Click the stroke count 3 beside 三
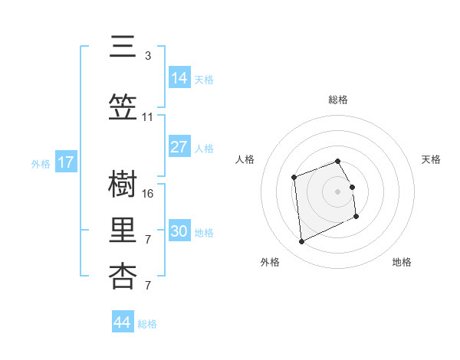pos(148,56)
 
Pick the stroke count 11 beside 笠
pos(148,117)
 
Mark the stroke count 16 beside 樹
pos(149,194)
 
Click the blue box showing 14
pos(179,77)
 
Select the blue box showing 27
pos(179,147)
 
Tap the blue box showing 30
pos(179,231)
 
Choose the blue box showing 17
pos(66,162)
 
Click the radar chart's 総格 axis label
pos(338,100)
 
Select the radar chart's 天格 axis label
pos(431,159)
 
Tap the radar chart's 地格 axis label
pos(402,262)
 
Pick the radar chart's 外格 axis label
pos(270,262)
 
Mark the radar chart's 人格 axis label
pos(245,159)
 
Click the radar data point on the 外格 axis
pos(301,242)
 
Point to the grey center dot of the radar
pos(338,191)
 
